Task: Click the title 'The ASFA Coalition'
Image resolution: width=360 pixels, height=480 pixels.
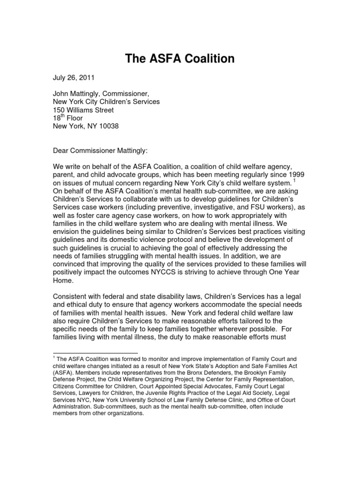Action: pos(180,59)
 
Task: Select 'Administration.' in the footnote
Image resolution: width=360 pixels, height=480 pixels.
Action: pos(74,407)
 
